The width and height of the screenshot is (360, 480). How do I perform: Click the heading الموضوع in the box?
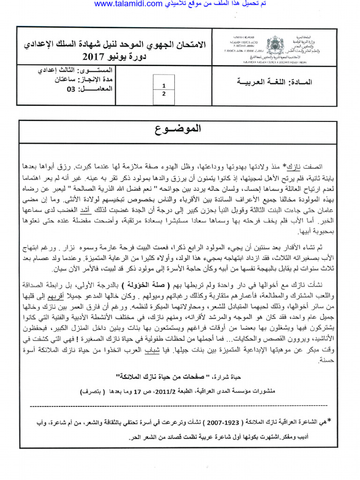(x=180, y=129)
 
